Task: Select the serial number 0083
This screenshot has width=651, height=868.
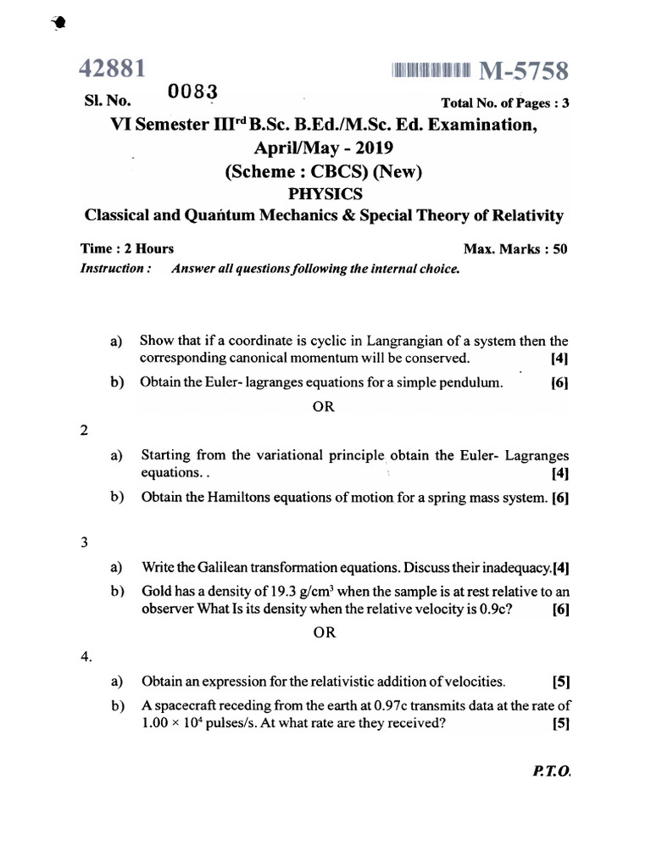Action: click(x=194, y=91)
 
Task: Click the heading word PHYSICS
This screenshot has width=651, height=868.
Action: click(x=325, y=193)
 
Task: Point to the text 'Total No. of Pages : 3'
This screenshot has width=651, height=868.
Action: click(x=506, y=103)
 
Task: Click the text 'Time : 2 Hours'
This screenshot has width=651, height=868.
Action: click(x=127, y=248)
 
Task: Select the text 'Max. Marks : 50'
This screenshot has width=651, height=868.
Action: click(x=515, y=249)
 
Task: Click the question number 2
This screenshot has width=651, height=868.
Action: click(x=84, y=430)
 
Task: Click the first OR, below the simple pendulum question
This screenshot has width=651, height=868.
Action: click(x=324, y=406)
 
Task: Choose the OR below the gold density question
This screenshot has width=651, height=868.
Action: click(x=324, y=632)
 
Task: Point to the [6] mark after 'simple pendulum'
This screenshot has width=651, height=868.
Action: click(x=559, y=382)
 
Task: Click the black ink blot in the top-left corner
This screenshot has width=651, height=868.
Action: click(x=57, y=25)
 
